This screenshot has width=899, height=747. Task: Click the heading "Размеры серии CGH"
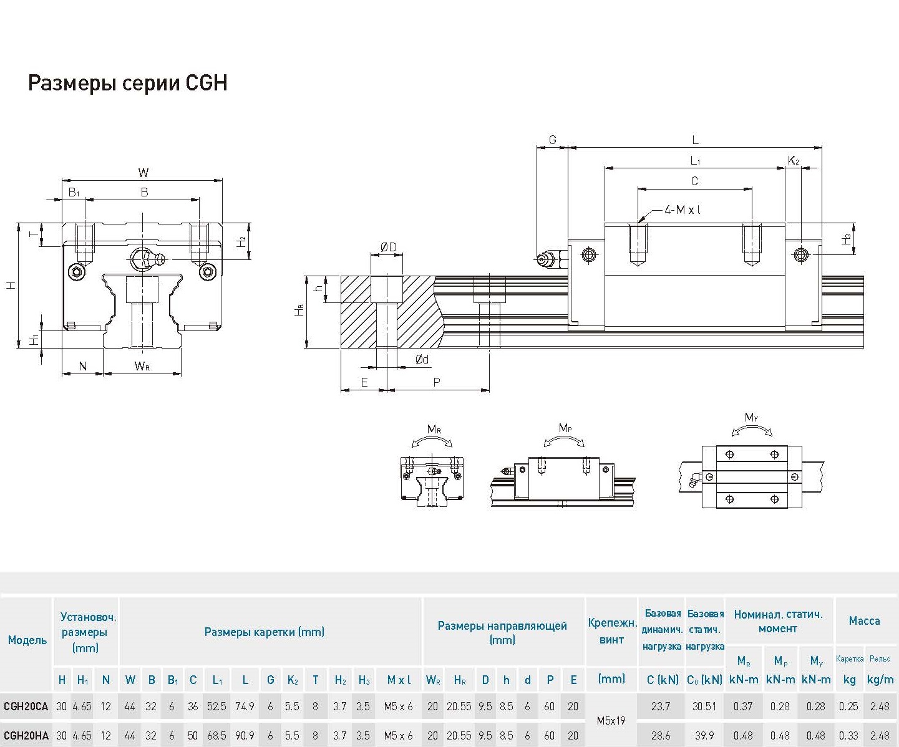pyautogui.click(x=127, y=83)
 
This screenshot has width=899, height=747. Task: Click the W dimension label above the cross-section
pyautogui.click(x=143, y=173)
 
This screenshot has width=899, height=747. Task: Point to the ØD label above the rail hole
pyautogui.click(x=388, y=248)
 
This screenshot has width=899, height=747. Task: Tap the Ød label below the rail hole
pyautogui.click(x=422, y=359)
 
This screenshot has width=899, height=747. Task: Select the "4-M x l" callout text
pyautogui.click(x=682, y=210)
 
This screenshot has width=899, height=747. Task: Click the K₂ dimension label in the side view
pyautogui.click(x=793, y=161)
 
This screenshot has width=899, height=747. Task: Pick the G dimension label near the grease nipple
pyautogui.click(x=552, y=140)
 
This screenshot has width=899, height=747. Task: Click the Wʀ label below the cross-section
pyautogui.click(x=142, y=366)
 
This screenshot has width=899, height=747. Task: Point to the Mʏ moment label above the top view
pyautogui.click(x=751, y=417)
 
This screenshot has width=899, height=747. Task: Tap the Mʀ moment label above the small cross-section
pyautogui.click(x=434, y=429)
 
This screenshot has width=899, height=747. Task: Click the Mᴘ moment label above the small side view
pyautogui.click(x=565, y=428)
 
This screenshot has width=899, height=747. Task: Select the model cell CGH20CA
pyautogui.click(x=26, y=706)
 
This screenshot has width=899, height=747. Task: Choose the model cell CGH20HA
pyautogui.click(x=26, y=736)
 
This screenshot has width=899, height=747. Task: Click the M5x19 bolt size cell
pyautogui.click(x=611, y=721)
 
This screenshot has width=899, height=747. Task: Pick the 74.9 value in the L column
pyautogui.click(x=245, y=706)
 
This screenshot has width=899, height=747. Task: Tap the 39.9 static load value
pyautogui.click(x=704, y=736)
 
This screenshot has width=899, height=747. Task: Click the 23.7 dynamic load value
pyautogui.click(x=660, y=706)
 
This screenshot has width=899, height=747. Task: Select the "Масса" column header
pyautogui.click(x=864, y=620)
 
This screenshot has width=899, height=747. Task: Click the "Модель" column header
pyautogui.click(x=27, y=640)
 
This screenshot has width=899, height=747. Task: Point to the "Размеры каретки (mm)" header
pyautogui.click(x=265, y=632)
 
